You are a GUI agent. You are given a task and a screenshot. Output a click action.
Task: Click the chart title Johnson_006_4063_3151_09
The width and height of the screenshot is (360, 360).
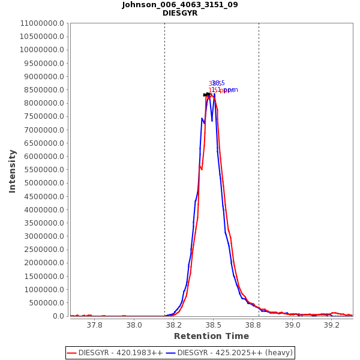click(180, 5)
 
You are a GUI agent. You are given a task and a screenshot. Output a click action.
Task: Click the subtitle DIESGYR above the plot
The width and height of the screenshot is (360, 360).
click(180, 13)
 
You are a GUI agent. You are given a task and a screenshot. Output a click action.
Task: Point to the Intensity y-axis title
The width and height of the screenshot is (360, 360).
click(12, 171)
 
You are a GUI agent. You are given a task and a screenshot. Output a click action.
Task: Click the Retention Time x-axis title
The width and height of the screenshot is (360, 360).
click(211, 336)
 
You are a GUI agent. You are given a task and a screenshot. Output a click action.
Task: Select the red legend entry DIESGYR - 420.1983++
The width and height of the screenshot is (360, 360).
click(115, 353)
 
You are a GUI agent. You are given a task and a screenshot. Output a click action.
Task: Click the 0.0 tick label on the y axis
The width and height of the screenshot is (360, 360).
click(59, 316)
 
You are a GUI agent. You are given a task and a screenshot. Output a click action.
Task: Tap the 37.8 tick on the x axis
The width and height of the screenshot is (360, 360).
click(94, 325)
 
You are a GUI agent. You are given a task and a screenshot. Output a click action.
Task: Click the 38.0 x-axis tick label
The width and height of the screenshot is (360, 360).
click(134, 325)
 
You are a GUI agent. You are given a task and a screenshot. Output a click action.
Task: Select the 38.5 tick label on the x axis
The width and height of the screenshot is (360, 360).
click(214, 325)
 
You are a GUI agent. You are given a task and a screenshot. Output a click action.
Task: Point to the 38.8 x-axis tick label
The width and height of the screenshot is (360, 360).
click(253, 325)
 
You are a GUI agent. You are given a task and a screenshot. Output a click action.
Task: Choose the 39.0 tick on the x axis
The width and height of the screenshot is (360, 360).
click(292, 325)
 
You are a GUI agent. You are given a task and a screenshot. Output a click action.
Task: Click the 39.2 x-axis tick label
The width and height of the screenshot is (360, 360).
click(332, 325)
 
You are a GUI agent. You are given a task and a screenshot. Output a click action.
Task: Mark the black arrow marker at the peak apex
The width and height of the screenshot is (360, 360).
click(208, 94)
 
